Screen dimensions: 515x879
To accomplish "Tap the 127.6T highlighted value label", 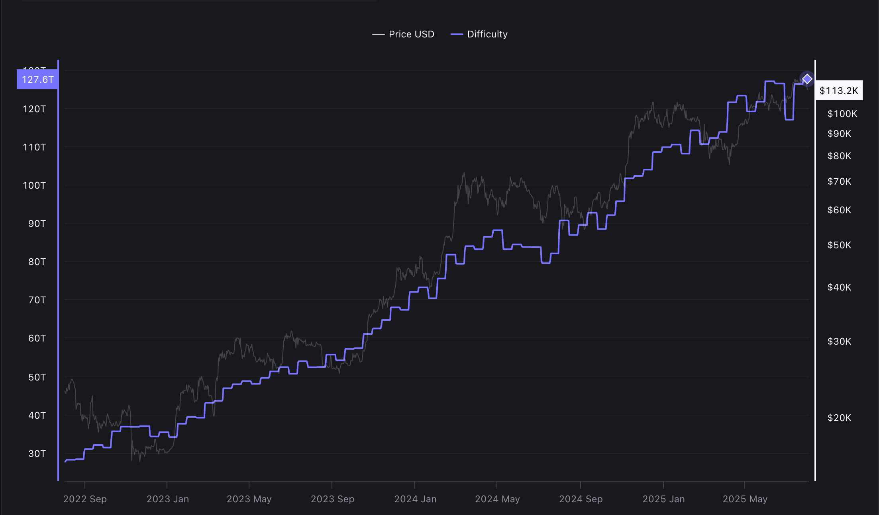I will point(37,79).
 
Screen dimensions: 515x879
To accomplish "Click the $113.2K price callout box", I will point(839,91).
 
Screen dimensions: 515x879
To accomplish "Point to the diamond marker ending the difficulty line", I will point(807,79).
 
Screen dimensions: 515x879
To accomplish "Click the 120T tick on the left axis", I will point(34,109).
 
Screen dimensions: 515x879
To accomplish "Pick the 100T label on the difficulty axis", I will point(34,185).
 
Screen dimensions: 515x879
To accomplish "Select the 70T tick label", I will point(37,300).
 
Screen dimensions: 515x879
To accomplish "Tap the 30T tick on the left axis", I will point(37,454).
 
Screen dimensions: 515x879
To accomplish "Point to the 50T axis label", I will point(37,377).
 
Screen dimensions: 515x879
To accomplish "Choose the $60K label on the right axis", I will point(839,210).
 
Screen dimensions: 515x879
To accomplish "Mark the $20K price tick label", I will point(839,418).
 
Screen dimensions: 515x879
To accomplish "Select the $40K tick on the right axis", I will point(839,287).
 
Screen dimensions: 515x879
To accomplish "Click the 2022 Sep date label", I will point(85,499).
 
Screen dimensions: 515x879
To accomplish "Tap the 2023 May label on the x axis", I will point(249,499).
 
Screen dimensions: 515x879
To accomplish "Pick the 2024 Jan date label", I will point(415,499).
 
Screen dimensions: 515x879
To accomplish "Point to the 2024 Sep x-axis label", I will point(581,499).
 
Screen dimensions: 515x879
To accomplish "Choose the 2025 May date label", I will point(745,499).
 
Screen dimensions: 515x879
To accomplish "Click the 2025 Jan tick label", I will point(663,499).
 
